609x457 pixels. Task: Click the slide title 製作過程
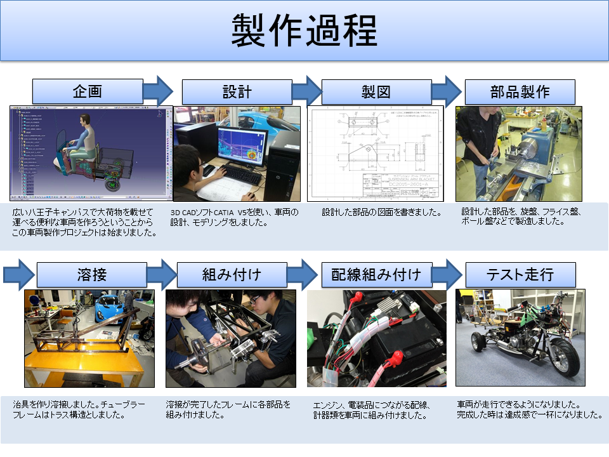coord(304,30)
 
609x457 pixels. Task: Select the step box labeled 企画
coord(88,91)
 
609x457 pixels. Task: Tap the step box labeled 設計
coord(237,91)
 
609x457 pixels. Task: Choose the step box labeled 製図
coord(376,92)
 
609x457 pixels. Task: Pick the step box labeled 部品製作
coord(520,91)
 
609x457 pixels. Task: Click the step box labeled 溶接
coord(91,275)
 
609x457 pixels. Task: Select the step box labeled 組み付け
coord(232,275)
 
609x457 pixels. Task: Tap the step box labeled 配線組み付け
coord(376,275)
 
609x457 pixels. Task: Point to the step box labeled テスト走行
coord(520,275)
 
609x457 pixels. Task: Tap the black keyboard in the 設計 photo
coord(241,175)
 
